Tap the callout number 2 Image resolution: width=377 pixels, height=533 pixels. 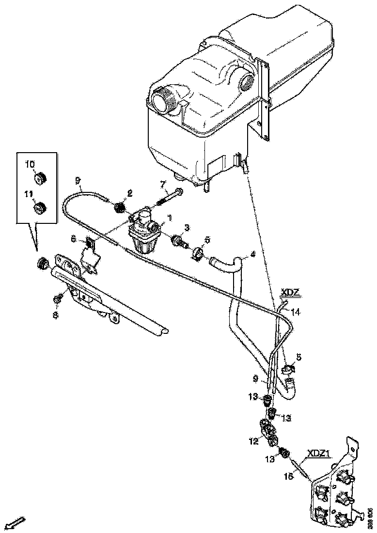pyautogui.click(x=129, y=192)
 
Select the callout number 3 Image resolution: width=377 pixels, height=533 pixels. pyautogui.click(x=186, y=228)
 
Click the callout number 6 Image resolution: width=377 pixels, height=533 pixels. pyautogui.click(x=74, y=239)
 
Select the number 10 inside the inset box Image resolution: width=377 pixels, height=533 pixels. pyautogui.click(x=30, y=164)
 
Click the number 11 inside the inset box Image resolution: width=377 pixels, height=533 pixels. pyautogui.click(x=30, y=193)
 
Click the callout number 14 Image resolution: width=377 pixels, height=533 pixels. pyautogui.click(x=296, y=313)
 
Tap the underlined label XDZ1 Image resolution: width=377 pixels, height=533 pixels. pyautogui.click(x=319, y=454)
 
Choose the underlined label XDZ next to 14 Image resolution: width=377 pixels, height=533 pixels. pyautogui.click(x=291, y=293)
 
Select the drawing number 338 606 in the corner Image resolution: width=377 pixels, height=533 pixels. pyautogui.click(x=370, y=518)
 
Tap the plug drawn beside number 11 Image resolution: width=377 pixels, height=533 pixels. pyautogui.click(x=39, y=208)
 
